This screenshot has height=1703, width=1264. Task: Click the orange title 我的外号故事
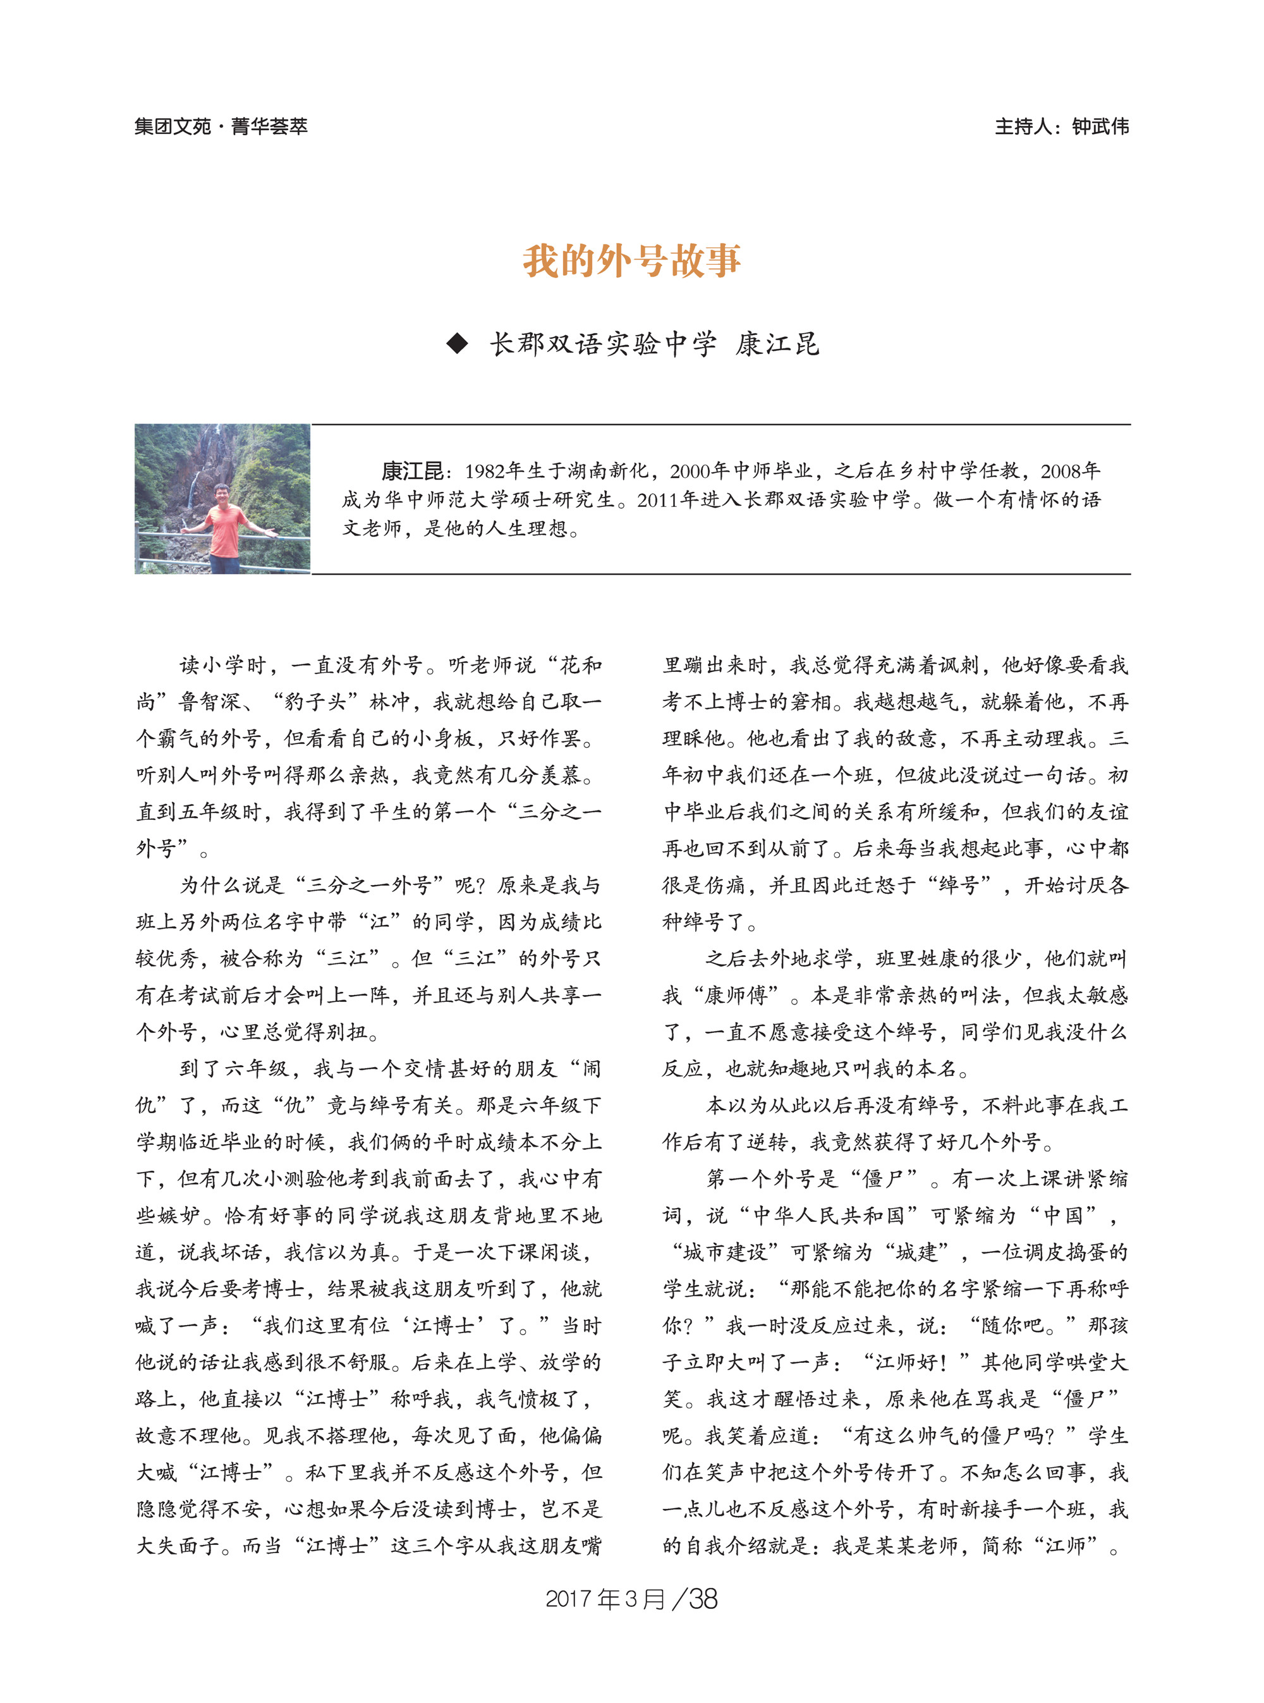click(631, 261)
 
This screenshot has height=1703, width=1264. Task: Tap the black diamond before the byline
click(457, 344)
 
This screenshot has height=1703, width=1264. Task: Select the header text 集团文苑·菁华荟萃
click(221, 126)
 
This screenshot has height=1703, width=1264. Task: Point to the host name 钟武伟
click(1100, 126)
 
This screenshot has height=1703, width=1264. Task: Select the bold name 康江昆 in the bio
click(411, 471)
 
